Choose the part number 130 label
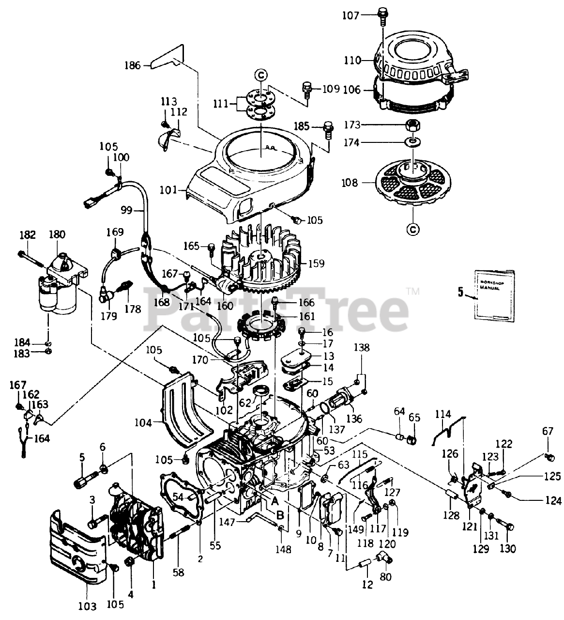coord(507,549)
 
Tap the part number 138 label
coord(361,347)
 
